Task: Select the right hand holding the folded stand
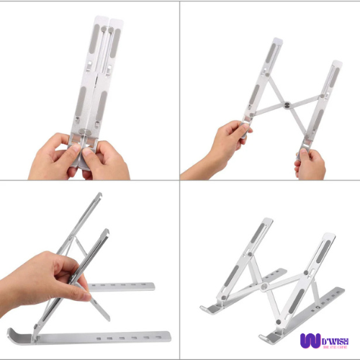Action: (104, 158)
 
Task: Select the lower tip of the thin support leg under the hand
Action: (108, 318)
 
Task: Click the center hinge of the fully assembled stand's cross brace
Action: (264, 287)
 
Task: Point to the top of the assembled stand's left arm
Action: (268, 221)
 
